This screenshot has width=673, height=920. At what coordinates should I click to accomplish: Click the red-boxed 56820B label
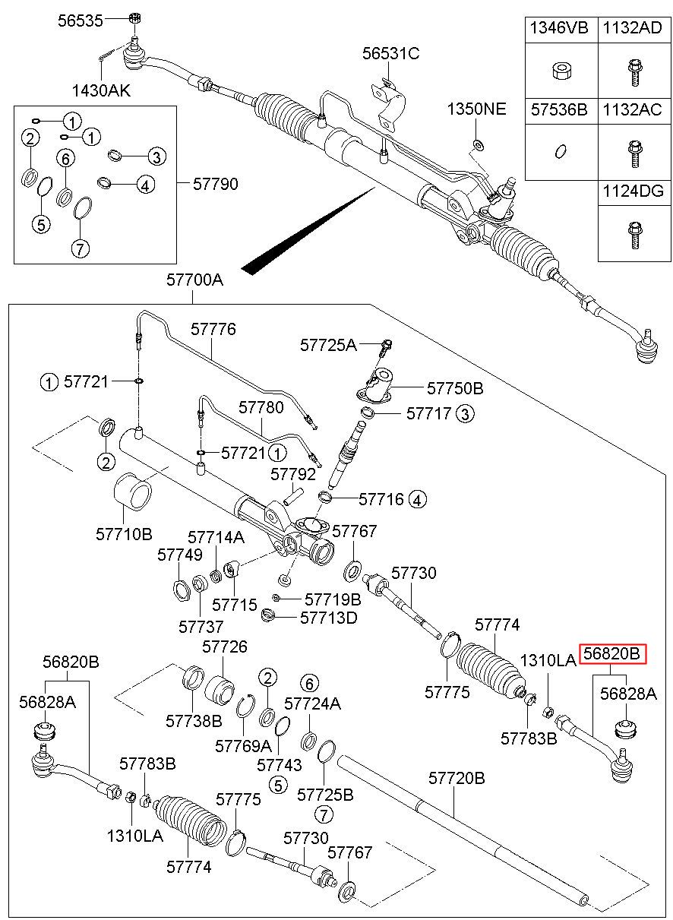(613, 653)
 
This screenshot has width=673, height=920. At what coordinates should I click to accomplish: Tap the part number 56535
(80, 21)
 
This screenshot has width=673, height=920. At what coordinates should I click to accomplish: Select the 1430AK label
(101, 91)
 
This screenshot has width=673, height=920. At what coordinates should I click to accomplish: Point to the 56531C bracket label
(390, 53)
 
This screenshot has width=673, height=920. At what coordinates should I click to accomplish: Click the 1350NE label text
(476, 109)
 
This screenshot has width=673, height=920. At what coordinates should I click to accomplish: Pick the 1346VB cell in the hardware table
(558, 29)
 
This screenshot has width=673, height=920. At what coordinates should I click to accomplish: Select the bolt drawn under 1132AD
(632, 71)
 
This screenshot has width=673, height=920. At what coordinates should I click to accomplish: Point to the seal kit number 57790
(215, 184)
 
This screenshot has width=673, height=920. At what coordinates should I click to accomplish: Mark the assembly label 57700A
(195, 280)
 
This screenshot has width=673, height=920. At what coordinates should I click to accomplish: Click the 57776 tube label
(213, 330)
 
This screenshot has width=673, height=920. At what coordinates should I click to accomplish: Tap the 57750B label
(455, 388)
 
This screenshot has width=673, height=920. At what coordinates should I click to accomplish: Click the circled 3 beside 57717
(465, 413)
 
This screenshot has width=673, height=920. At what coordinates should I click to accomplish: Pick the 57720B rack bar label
(457, 778)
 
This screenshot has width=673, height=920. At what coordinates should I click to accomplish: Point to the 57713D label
(328, 617)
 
